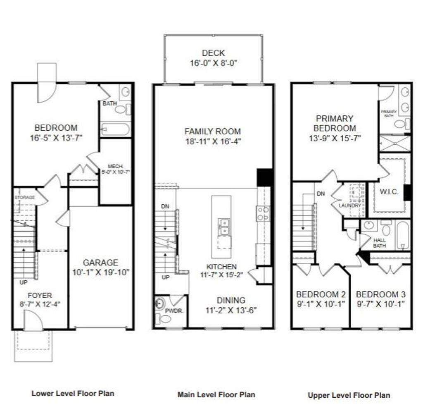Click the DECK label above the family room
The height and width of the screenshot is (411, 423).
coord(214,53)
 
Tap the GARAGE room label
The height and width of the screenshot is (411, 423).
coord(100,263)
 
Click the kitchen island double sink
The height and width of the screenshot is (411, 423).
coord(224,227)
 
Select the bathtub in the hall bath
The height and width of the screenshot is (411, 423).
coord(402,235)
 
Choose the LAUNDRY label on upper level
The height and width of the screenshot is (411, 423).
coord(350,205)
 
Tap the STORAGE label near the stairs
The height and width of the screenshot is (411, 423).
coord(25,198)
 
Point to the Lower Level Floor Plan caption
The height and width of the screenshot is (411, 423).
coord(73,393)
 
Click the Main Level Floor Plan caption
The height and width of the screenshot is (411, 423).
coord(216,394)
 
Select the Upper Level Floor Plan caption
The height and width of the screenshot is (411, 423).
coord(349,395)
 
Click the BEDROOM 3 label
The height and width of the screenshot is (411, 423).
coord(380,295)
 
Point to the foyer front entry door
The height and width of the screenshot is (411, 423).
coord(32,321)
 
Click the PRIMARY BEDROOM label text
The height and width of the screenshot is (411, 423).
coord(335,123)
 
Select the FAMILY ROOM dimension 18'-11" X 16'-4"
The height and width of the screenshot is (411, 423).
coord(213,141)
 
